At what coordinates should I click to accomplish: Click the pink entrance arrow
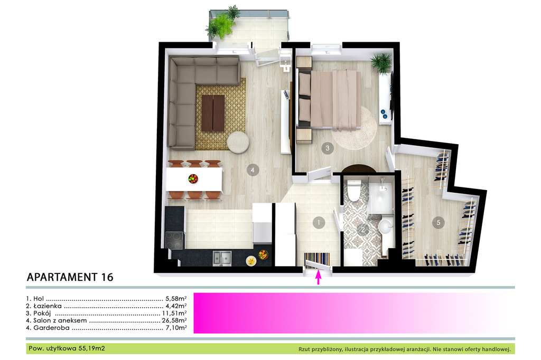[319, 277]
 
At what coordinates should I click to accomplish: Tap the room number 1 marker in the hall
[319, 223]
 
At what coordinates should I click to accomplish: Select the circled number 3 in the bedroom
[328, 148]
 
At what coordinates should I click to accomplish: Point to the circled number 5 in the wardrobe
[438, 222]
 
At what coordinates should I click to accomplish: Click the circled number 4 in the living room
[253, 170]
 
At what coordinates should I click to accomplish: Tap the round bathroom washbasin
[385, 227]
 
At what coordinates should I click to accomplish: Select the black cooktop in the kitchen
[174, 240]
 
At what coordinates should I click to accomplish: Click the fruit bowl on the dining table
[193, 178]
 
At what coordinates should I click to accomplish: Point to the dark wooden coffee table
[213, 113]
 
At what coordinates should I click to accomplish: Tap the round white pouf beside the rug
[238, 142]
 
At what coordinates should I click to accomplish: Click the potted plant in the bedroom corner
[381, 63]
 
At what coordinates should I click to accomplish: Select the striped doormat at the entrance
[317, 259]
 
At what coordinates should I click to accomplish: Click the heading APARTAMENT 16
[70, 277]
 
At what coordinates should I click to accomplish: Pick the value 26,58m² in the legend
[174, 320]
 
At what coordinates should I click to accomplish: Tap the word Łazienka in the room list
[48, 306]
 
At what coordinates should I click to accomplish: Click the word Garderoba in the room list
[51, 328]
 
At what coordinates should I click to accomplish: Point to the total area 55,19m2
[92, 348]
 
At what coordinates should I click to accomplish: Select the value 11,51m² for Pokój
[174, 313]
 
